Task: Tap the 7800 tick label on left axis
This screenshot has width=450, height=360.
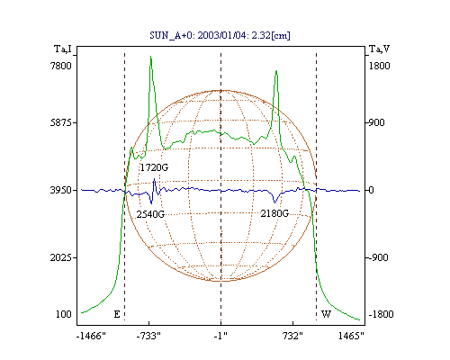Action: click(61, 66)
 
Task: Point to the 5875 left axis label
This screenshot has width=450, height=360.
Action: click(61, 122)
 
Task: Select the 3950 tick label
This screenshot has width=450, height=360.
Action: click(61, 190)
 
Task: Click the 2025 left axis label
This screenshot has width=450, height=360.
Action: click(61, 257)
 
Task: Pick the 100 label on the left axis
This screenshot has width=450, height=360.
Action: click(64, 314)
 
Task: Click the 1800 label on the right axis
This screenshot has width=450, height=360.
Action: click(380, 66)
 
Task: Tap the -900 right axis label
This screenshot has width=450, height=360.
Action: click(378, 257)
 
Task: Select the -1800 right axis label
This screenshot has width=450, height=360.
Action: click(381, 314)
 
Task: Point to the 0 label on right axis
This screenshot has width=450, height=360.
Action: click(371, 190)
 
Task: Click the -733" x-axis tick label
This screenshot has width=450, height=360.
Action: click(148, 336)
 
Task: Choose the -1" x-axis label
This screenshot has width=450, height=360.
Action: click(220, 336)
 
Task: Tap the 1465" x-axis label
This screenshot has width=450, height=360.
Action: click(351, 336)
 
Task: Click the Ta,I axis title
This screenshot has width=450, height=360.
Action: click(63, 49)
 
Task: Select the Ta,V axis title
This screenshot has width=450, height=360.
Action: click(379, 49)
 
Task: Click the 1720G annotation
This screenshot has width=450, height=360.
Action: click(154, 167)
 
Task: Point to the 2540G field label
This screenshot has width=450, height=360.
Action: click(150, 214)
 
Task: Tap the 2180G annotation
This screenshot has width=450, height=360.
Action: click(274, 213)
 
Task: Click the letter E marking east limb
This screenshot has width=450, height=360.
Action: click(117, 314)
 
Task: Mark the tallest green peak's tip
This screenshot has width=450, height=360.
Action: click(150, 56)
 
